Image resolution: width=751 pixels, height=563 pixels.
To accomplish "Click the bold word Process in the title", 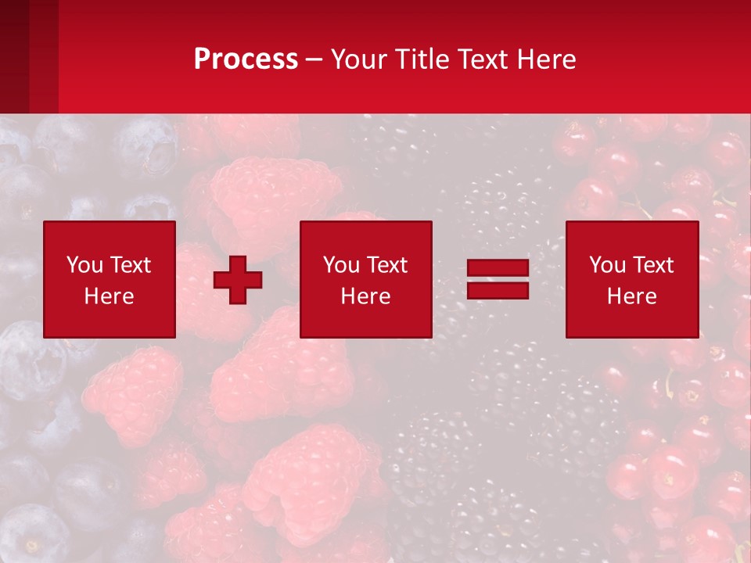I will point(246,59).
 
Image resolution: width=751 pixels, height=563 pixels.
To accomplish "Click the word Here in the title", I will point(547,59).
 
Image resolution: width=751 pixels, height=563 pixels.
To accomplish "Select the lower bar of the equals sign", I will point(498,290).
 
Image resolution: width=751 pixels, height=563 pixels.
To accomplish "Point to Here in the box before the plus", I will point(109,296).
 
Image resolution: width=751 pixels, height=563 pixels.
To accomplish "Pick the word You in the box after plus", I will point(341,265).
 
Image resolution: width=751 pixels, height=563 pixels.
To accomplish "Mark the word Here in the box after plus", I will point(365,296).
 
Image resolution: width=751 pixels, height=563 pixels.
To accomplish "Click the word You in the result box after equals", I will point(607,265).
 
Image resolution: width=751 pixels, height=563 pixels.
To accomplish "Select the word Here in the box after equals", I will point(631,296).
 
